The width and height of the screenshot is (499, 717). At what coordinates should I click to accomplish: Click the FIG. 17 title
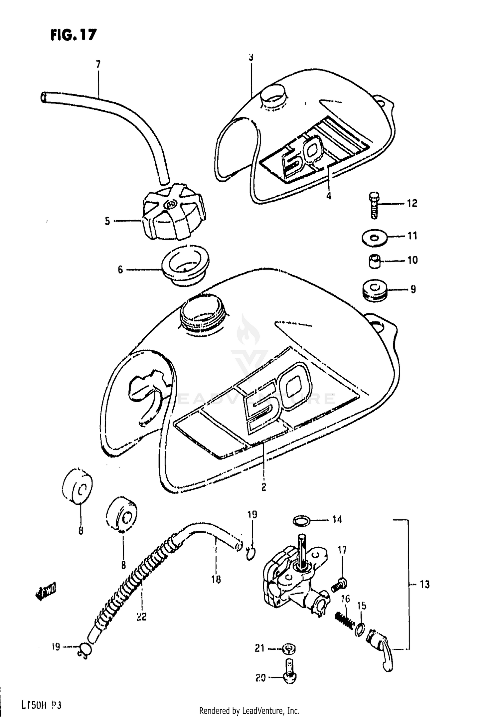click(74, 35)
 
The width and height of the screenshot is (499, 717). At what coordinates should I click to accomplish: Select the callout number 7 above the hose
click(98, 64)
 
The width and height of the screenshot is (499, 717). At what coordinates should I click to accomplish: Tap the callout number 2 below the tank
click(263, 487)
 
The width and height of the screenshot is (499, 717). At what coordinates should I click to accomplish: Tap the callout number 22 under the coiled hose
click(142, 617)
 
